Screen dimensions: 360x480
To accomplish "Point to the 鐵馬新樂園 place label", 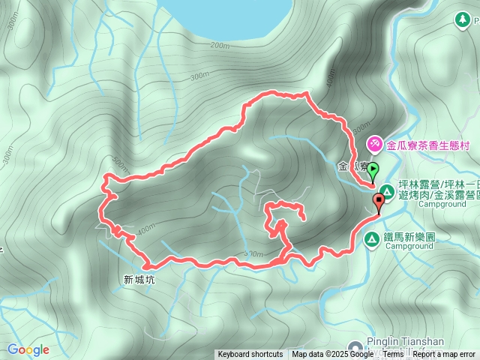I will [409, 235].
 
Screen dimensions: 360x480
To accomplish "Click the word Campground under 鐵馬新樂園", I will [410, 246].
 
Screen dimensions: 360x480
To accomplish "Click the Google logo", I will [28, 349].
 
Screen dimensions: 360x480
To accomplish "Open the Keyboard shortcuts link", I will [250, 354].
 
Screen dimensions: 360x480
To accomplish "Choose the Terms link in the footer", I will [393, 354].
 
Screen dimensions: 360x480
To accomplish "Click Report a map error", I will [445, 354].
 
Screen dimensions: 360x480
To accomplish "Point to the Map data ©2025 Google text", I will [331, 354].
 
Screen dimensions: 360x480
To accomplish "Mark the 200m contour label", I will [220, 46].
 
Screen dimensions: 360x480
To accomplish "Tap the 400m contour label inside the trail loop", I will [146, 227].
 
